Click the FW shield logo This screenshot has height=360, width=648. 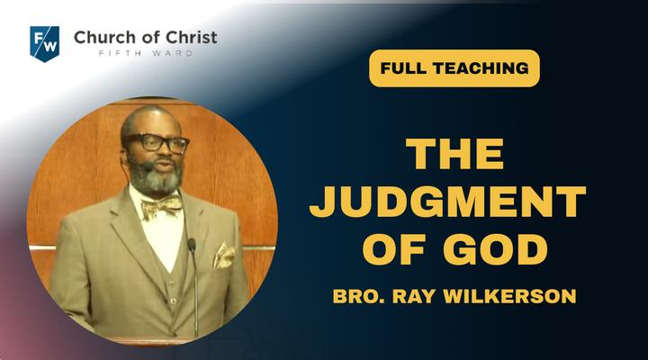click(45, 43)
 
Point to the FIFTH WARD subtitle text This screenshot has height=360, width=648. click(146, 53)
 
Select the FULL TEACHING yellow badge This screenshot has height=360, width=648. click(454, 68)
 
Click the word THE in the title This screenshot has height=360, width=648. click(454, 154)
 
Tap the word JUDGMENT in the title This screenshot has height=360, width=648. click(447, 202)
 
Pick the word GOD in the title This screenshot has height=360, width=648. click(495, 249)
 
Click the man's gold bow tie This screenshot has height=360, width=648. click(162, 206)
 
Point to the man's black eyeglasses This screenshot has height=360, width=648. click(156, 142)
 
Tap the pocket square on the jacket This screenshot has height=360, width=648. click(224, 255)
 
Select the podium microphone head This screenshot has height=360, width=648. click(192, 245)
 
